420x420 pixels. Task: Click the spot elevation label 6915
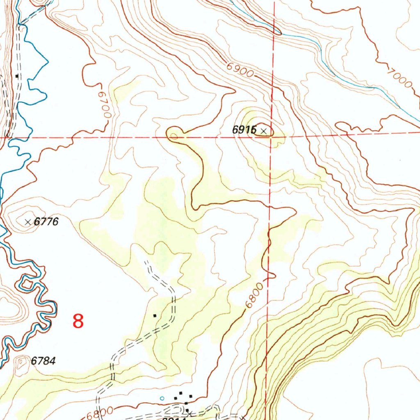pyautogui.click(x=244, y=130)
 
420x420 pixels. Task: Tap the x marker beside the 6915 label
pyautogui.click(x=264, y=131)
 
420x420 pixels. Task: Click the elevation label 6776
pyautogui.click(x=46, y=222)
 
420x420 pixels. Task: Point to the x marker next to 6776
pyautogui.click(x=28, y=222)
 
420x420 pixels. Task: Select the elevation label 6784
pyautogui.click(x=43, y=361)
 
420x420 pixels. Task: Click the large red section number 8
pyautogui.click(x=78, y=321)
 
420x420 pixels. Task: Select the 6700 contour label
pyautogui.click(x=104, y=105)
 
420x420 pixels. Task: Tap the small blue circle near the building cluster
pyautogui.click(x=162, y=398)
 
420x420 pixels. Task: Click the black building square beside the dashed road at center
pyautogui.click(x=155, y=315)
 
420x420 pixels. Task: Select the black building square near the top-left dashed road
pyautogui.click(x=17, y=76)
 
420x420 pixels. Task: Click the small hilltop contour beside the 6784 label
pyautogui.click(x=21, y=362)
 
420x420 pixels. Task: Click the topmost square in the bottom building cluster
pyautogui.click(x=181, y=393)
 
